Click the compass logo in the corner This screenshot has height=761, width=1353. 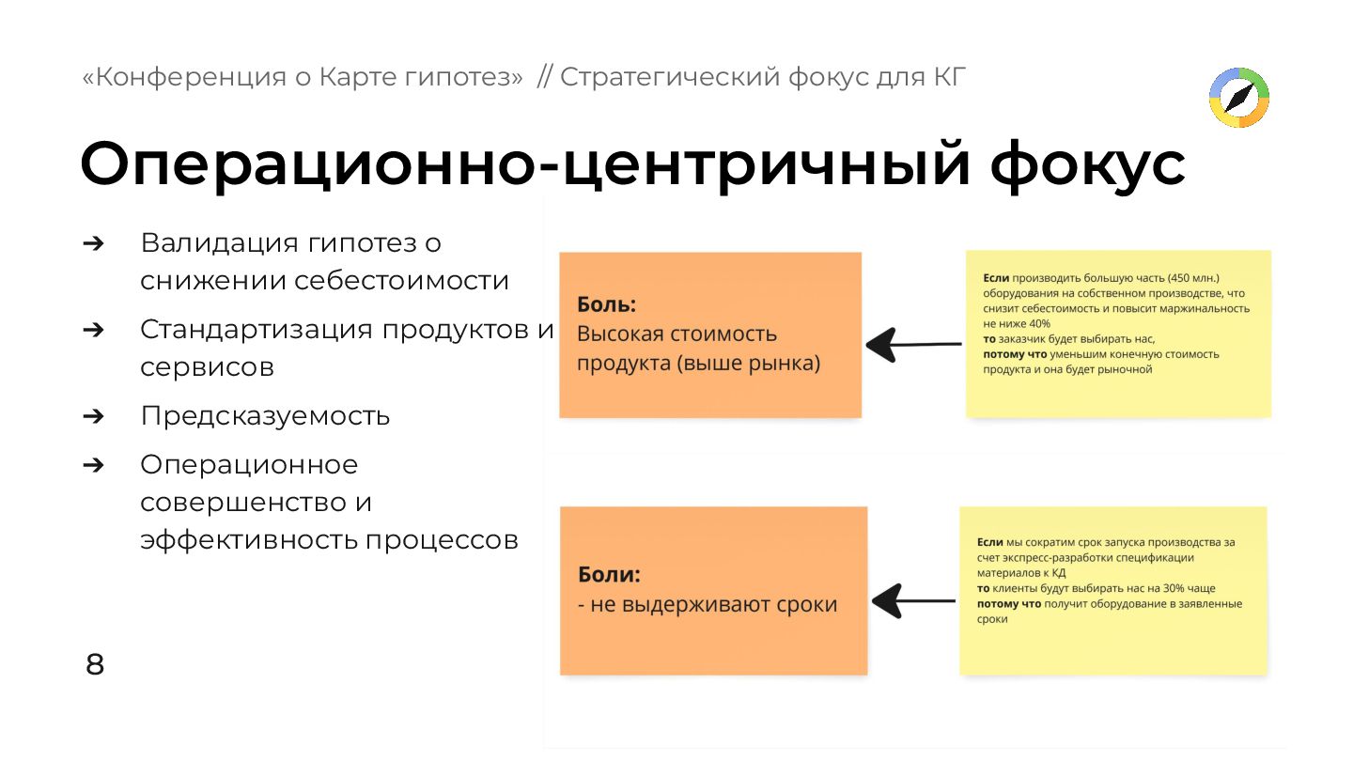[1238, 97]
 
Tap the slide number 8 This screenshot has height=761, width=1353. [95, 665]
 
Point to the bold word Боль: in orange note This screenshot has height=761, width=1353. [606, 305]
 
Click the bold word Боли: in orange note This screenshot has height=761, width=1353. [608, 575]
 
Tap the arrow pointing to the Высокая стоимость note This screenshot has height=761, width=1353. [912, 345]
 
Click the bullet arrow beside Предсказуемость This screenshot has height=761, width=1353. [93, 416]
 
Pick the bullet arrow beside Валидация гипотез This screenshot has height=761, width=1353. [93, 243]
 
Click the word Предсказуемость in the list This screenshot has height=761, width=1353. [265, 416]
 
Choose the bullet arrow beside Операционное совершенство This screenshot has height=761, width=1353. [93, 465]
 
